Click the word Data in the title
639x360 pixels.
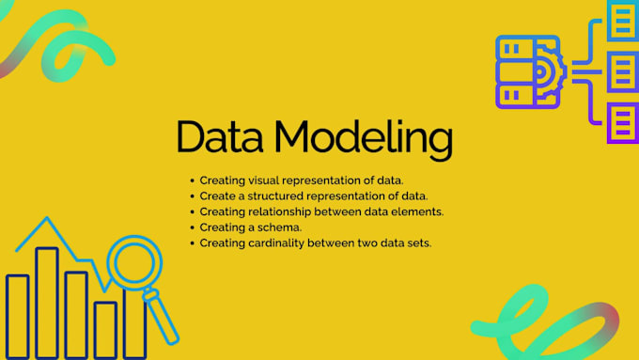click(223, 137)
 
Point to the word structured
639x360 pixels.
click(273, 196)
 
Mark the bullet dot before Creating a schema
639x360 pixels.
click(192, 227)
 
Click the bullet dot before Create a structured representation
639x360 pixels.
click(192, 196)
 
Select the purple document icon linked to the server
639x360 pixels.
click(621, 123)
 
